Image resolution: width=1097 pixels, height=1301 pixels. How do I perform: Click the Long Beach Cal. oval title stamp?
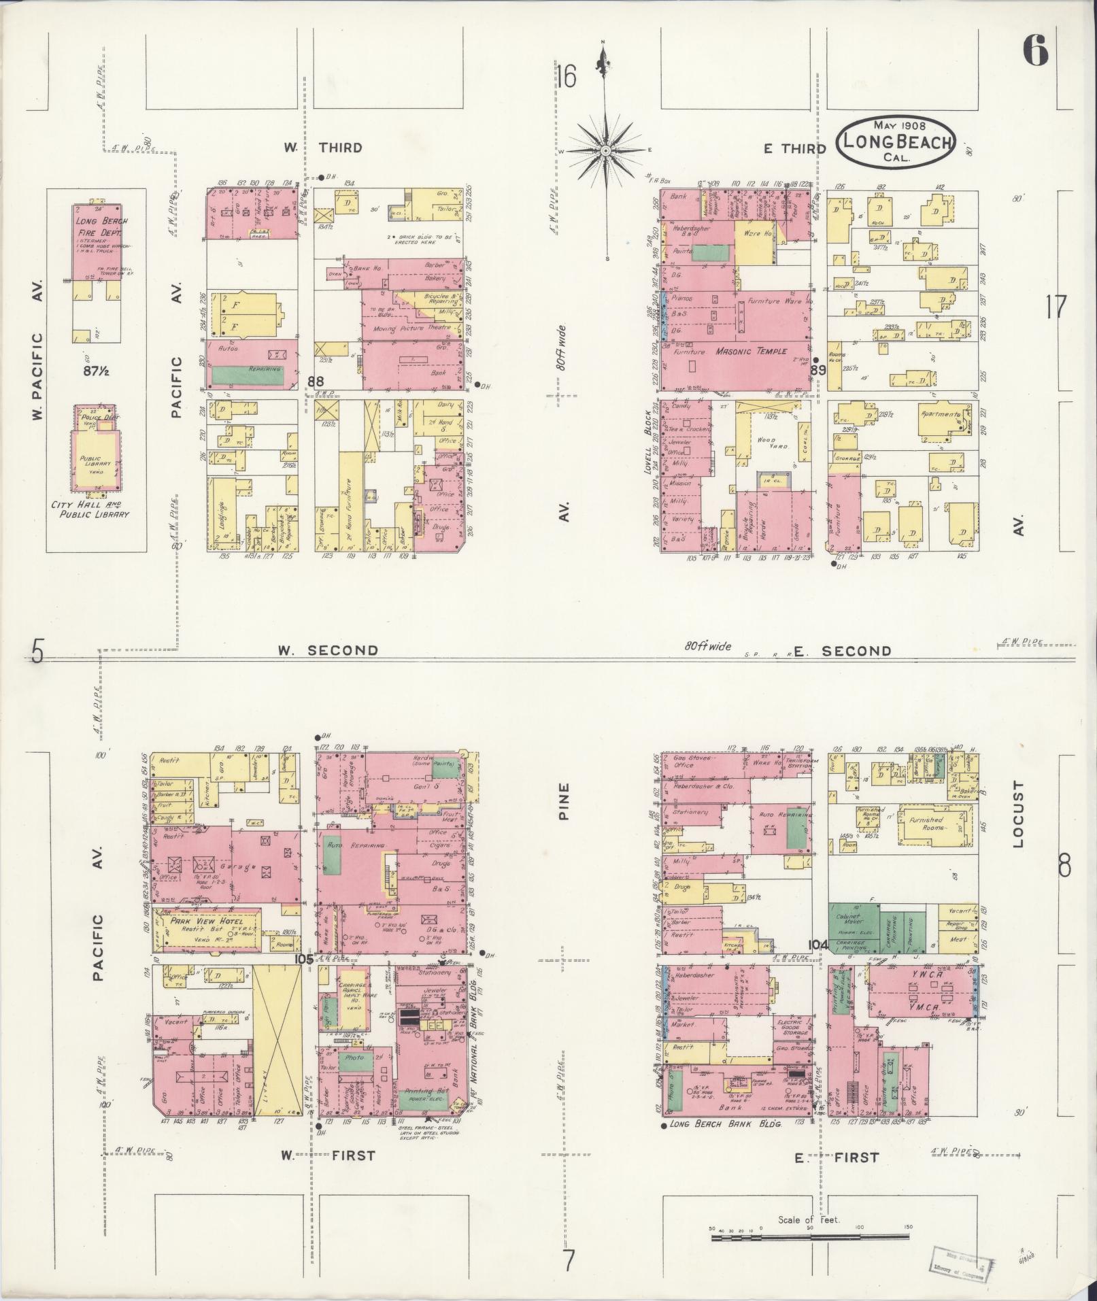coord(896,143)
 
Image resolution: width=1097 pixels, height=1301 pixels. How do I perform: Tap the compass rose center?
coord(604,150)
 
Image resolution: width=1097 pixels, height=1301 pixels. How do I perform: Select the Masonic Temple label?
coord(751,352)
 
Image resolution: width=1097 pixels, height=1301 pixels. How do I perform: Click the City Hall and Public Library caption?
coord(90,509)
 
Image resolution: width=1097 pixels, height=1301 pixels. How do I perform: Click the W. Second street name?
coord(328,650)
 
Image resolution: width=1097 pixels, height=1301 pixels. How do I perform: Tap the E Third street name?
coord(794,149)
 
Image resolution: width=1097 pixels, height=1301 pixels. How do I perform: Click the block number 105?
coord(303,959)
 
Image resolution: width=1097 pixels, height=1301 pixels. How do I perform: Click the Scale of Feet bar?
coord(809,1238)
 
